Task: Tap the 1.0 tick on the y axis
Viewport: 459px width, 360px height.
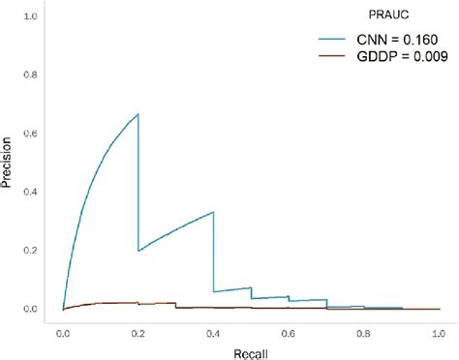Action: [x=30, y=17]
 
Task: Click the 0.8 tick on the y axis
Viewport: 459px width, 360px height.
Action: [x=30, y=75]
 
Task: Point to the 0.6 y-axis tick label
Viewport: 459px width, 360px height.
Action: [x=30, y=134]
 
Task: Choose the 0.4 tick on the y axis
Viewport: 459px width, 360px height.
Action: [x=30, y=192]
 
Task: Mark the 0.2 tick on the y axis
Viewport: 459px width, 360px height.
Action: [x=30, y=251]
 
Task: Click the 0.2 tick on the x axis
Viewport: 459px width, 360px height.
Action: [x=138, y=329]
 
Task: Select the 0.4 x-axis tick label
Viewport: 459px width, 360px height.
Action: [x=213, y=329]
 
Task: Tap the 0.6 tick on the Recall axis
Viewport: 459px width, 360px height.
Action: [x=289, y=329]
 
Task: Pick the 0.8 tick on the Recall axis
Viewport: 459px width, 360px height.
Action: [x=364, y=329]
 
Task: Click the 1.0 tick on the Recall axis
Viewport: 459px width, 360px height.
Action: [x=439, y=329]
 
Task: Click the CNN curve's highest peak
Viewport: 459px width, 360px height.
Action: [x=138, y=114]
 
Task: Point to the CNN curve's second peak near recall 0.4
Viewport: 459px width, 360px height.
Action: [x=213, y=212]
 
